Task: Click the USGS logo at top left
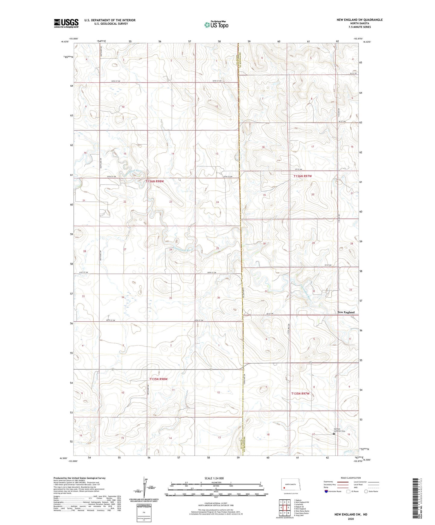pos(66,23)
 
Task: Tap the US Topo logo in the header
pos(216,25)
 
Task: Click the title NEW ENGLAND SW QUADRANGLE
pos(360,20)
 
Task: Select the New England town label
pos(346,312)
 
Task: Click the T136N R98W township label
pos(155,181)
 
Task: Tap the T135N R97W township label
pos(300,393)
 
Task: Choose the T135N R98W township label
pos(158,379)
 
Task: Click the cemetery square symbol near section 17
pos(334,434)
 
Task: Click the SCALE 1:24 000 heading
pos(214,478)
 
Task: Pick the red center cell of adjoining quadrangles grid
pos(284,507)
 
